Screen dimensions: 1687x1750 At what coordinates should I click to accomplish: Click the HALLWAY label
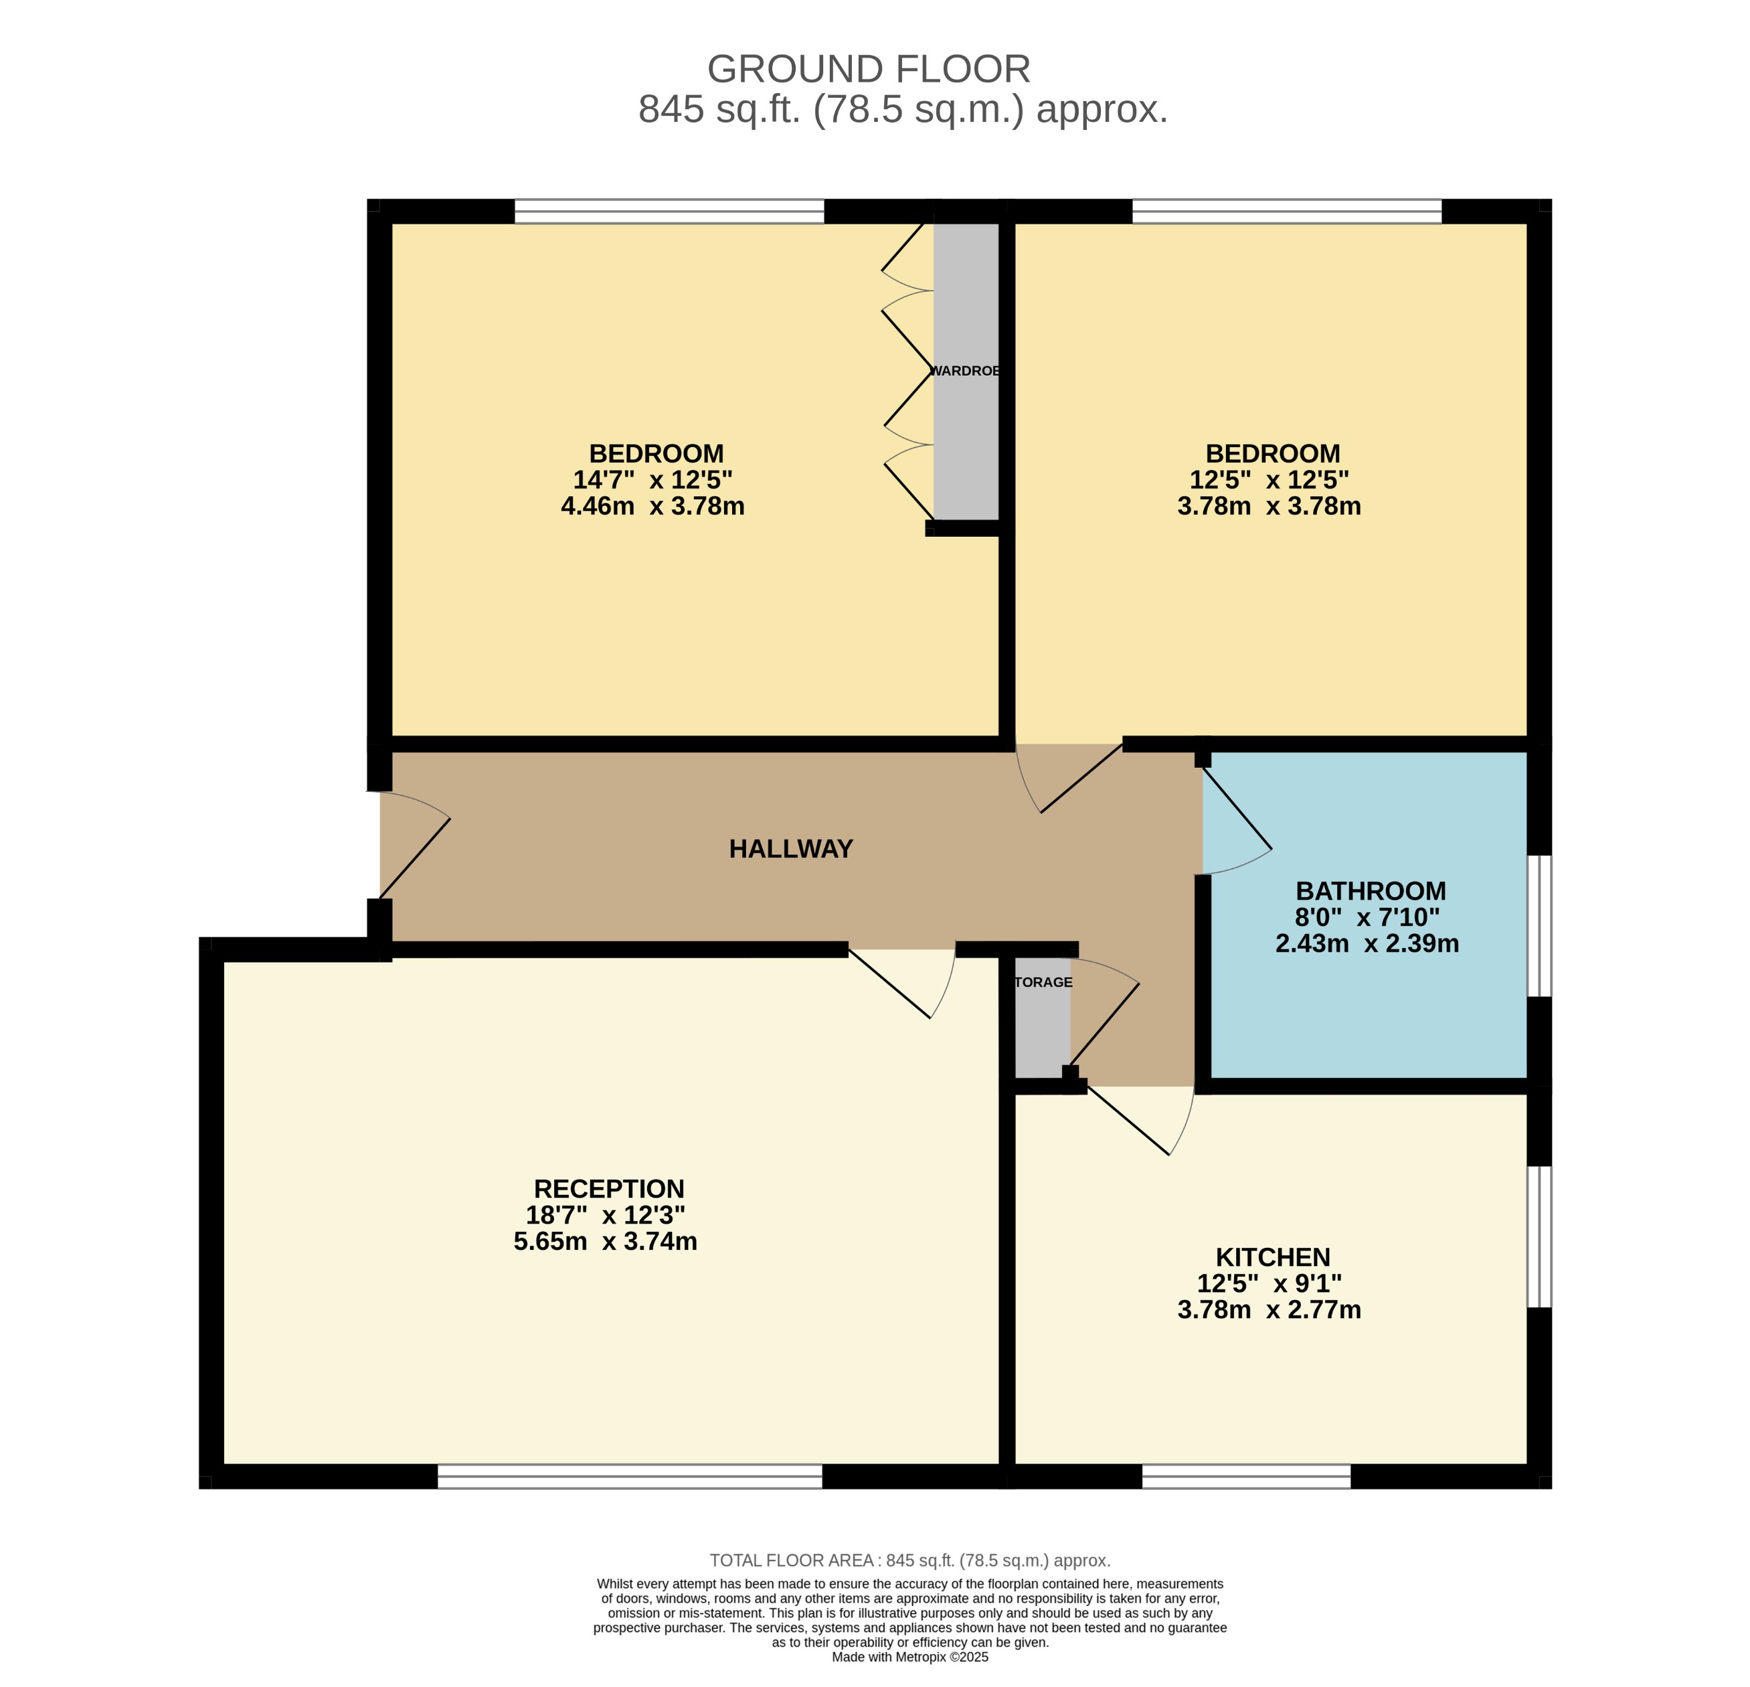790,848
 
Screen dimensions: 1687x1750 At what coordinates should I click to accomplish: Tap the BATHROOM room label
1371,890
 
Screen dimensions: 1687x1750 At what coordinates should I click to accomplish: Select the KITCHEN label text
1272,1257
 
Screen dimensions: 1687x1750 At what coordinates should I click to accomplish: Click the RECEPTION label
609,1189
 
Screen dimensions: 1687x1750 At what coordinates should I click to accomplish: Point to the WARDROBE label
965,371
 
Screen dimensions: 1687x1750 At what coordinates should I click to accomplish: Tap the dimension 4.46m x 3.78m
652,506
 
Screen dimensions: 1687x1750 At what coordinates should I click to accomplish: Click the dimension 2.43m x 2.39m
1367,943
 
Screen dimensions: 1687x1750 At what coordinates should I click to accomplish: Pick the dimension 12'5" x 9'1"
1269,1283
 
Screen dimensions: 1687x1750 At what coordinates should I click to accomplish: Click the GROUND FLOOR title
868,69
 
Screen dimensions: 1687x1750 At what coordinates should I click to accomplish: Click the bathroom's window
1539,926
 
